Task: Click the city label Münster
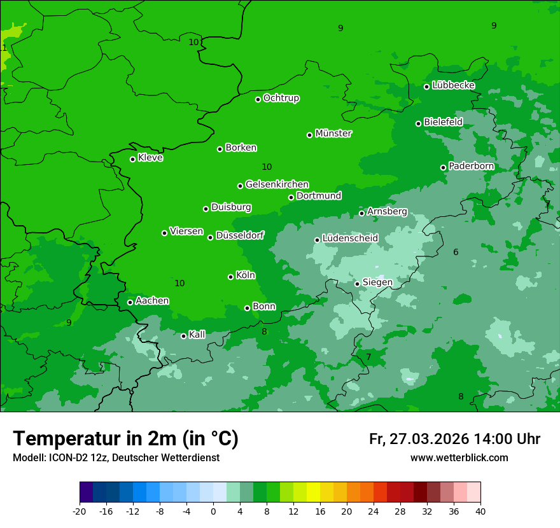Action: tap(333, 134)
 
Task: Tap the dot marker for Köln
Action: tap(230, 277)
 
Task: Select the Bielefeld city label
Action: tap(443, 122)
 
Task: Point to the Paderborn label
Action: tap(471, 166)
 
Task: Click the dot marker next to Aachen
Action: tap(130, 302)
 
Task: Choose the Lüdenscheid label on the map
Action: tap(350, 239)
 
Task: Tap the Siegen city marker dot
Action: tap(357, 284)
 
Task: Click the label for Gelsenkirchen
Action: tap(277, 184)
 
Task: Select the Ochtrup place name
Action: tap(281, 98)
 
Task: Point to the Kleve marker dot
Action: tap(132, 159)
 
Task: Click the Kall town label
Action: tap(197, 335)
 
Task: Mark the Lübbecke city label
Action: tap(453, 85)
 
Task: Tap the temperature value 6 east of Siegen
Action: tap(456, 253)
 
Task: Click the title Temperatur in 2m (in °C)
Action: tap(125, 439)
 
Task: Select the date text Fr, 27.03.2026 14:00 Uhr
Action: tap(454, 439)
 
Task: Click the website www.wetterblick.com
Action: tap(459, 458)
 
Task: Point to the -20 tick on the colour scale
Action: tap(80, 511)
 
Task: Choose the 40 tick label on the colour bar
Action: tap(480, 511)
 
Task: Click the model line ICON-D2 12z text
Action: tap(116, 458)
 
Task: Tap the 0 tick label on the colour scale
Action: tap(213, 511)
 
